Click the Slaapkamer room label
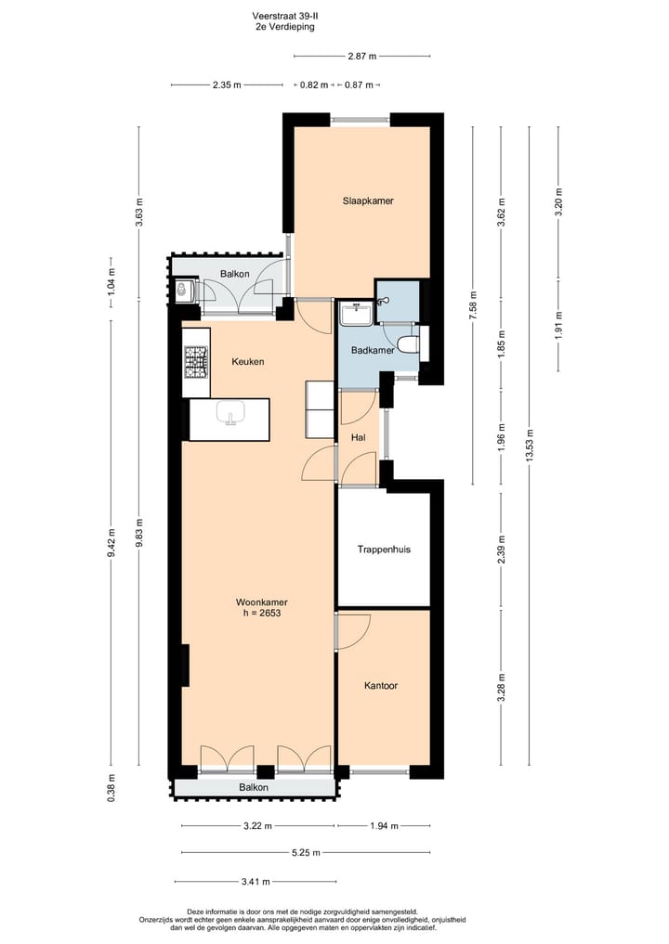[361, 200]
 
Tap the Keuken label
[248, 362]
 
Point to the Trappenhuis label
[384, 550]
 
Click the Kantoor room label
[381, 686]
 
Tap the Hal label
[358, 436]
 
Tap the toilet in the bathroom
[409, 345]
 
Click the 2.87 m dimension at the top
[361, 57]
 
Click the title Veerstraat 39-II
[284, 16]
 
